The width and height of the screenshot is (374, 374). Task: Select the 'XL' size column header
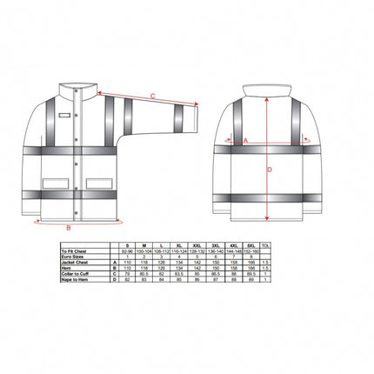[x=178, y=244]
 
